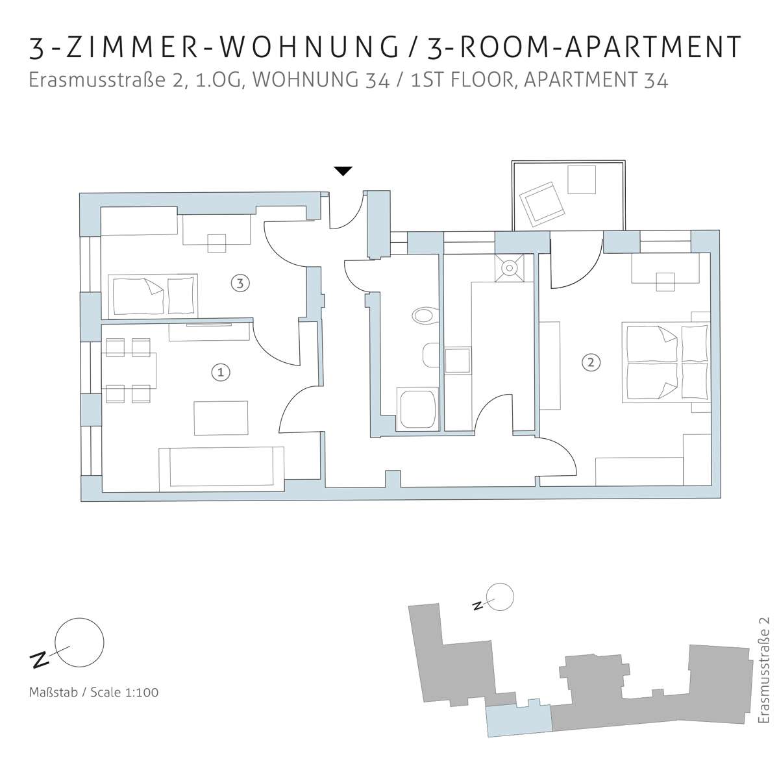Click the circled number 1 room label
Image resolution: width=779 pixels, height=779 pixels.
(x=221, y=372)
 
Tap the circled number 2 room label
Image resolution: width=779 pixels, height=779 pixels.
(x=591, y=362)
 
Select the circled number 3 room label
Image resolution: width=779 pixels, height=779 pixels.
(x=240, y=284)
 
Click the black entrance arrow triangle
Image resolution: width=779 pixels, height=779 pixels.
(x=343, y=171)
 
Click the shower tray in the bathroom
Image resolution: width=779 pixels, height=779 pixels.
(x=418, y=408)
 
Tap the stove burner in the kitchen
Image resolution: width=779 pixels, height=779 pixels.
(x=510, y=267)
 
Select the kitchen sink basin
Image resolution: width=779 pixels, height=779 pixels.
(x=458, y=360)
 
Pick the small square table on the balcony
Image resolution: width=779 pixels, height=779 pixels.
(x=582, y=179)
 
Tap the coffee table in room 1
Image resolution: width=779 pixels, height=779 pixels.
(x=221, y=418)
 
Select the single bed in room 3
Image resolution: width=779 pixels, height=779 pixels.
(x=153, y=296)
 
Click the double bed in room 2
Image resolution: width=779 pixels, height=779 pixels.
(x=666, y=362)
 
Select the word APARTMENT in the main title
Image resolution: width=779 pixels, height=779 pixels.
(x=652, y=47)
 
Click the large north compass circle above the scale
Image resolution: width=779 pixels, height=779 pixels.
(x=80, y=643)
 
